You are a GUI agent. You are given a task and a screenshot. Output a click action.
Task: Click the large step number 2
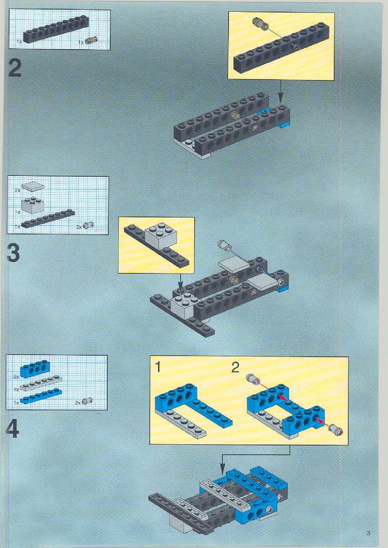click(15, 68)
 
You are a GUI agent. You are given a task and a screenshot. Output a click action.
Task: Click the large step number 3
click(13, 253)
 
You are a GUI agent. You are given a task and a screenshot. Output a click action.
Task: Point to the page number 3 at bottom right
click(368, 533)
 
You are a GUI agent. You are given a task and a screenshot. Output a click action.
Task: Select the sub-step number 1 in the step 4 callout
click(158, 367)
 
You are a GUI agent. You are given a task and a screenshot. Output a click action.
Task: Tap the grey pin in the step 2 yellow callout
click(260, 23)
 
